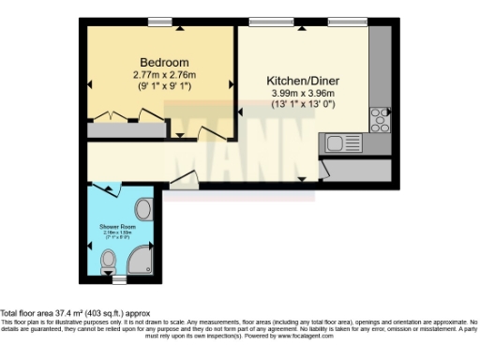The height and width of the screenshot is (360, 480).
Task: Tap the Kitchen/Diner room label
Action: pos(302,80)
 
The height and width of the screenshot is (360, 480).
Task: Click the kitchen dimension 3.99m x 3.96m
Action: pos(302,94)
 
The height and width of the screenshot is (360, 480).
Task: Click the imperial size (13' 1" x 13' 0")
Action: pos(302,104)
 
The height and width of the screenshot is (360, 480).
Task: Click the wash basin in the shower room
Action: pos(144,208)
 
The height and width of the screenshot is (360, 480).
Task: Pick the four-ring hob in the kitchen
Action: pos(380,119)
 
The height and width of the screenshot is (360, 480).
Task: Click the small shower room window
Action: pos(118,278)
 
